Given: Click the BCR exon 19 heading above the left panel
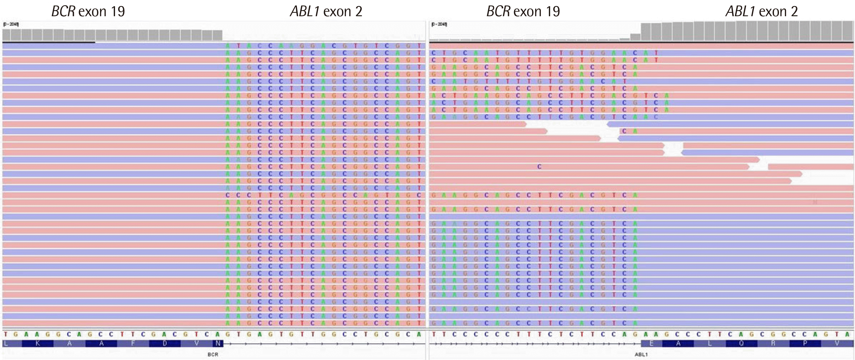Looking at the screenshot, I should pyautogui.click(x=88, y=12).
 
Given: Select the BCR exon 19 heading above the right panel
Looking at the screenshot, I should pyautogui.click(x=523, y=12).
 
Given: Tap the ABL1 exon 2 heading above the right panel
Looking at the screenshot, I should pyautogui.click(x=761, y=12).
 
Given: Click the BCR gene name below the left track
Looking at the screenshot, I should pyautogui.click(x=213, y=354).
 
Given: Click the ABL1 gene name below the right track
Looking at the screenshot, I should pyautogui.click(x=641, y=354).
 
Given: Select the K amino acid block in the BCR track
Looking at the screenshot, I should pyautogui.click(x=37, y=344).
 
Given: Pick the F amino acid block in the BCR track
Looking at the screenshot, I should pyautogui.click(x=133, y=344).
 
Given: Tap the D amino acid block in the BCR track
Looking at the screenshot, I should pyautogui.click(x=165, y=344).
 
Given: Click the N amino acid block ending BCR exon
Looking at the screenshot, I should pyautogui.click(x=218, y=344).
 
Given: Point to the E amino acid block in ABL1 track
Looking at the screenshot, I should pyautogui.click(x=651, y=344).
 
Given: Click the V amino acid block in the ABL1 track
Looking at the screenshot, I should pyautogui.click(x=837, y=344).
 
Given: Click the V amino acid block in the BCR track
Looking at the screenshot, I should pyautogui.click(x=197, y=344).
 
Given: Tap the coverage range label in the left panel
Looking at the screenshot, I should pyautogui.click(x=11, y=24).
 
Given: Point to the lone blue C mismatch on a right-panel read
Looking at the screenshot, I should pyautogui.click(x=539, y=167).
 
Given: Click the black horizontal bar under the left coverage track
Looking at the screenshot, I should pyautogui.click(x=49, y=42).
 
